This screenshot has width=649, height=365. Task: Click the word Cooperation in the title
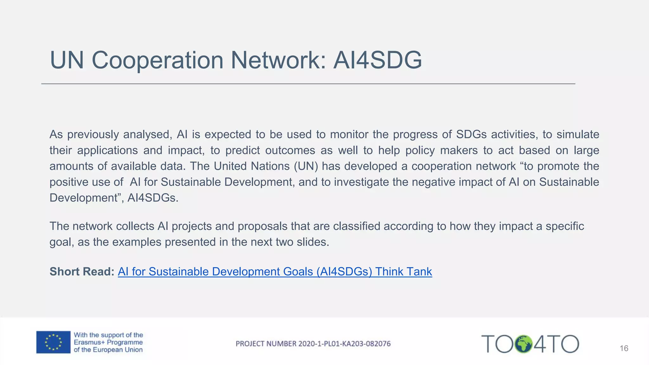coord(157,60)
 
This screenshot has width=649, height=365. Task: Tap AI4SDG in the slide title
coord(377,60)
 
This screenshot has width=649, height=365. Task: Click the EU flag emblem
coord(53,342)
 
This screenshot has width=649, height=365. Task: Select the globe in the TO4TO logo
coord(524,344)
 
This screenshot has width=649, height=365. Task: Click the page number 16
coord(624,349)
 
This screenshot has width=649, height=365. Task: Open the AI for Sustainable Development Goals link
coord(275,272)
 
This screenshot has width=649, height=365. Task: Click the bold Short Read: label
coord(82,272)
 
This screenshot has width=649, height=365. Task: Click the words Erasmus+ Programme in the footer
coord(108,343)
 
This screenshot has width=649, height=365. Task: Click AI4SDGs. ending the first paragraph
coord(153,198)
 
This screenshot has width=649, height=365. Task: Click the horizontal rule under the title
coord(308,84)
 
